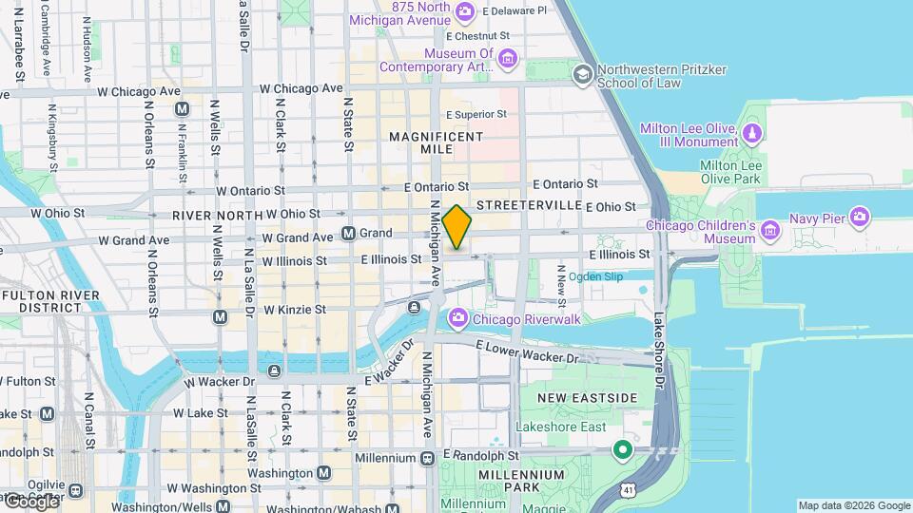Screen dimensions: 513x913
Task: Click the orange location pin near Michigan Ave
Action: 456,227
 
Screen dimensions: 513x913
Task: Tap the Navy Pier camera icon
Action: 860,218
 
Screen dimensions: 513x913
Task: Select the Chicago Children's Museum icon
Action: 770,228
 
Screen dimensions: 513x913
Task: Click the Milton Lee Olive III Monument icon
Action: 752,131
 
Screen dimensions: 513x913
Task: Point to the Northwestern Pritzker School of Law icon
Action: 582,73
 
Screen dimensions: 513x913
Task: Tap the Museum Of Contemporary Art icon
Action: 507,59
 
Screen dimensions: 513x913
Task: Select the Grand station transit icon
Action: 348,233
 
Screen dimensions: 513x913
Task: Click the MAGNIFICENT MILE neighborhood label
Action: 436,143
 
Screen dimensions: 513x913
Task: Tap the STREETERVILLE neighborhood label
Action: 529,205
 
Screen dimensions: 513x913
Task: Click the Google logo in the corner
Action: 31,501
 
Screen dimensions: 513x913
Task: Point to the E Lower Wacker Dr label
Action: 527,351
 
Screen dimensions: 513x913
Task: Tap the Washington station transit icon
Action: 324,472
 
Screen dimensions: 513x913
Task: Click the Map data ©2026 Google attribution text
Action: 853,505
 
